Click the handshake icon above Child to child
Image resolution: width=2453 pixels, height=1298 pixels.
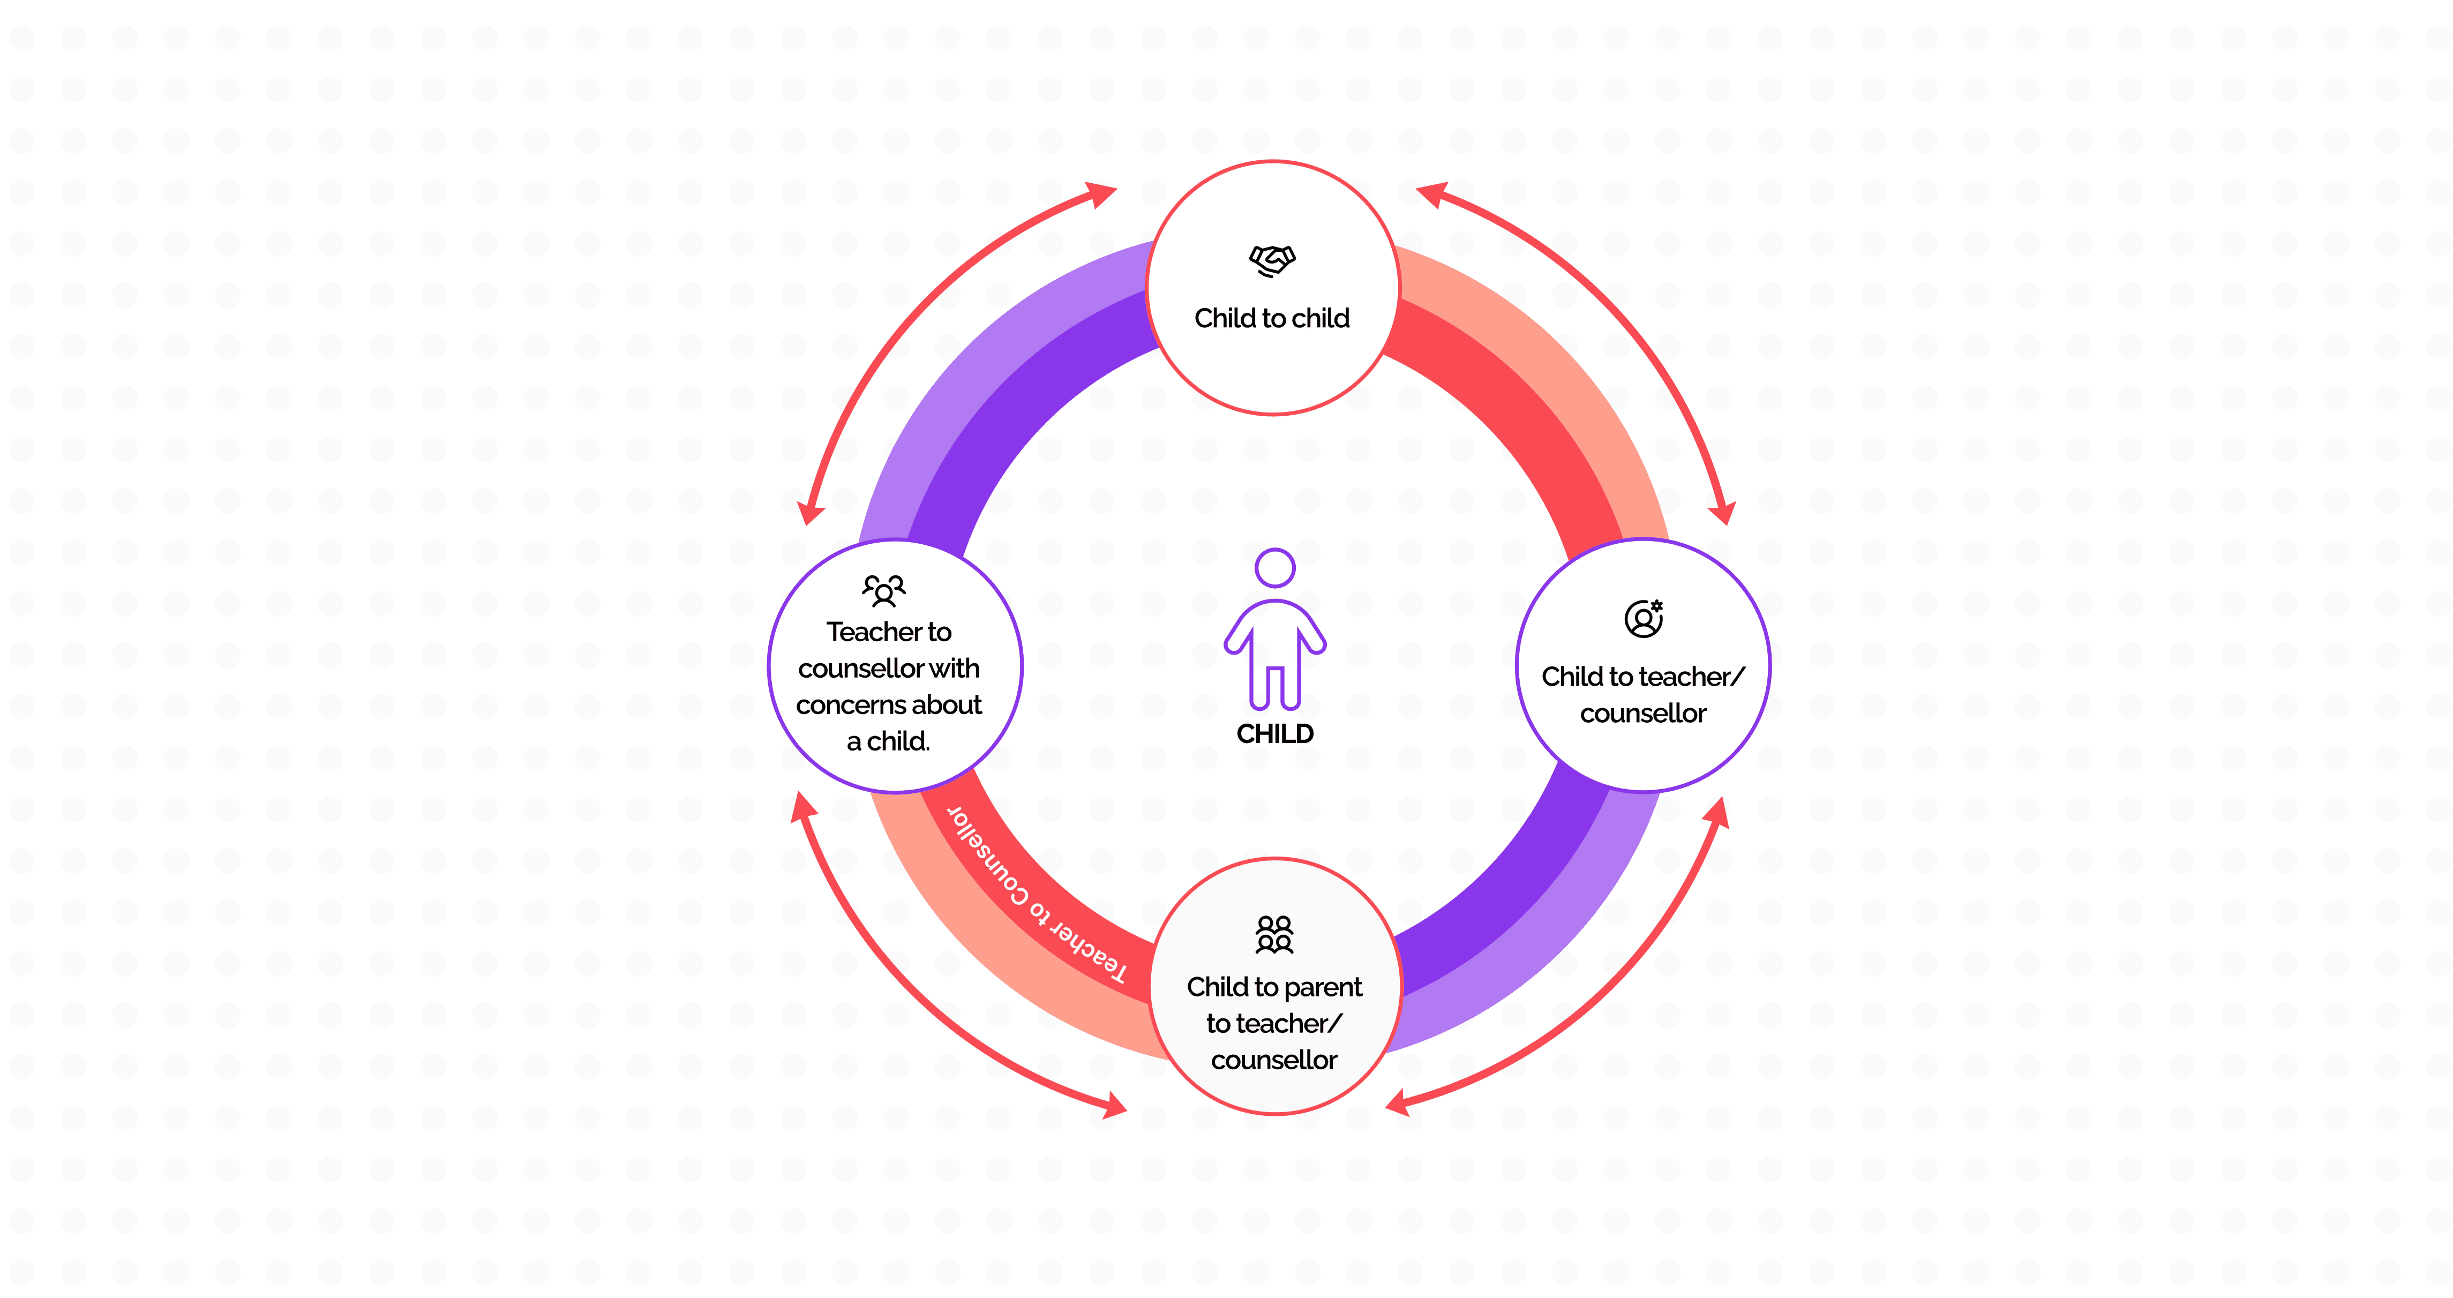[x=1272, y=260]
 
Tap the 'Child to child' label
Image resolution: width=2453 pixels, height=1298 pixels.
[x=1272, y=318]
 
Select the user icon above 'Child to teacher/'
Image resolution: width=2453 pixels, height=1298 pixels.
[x=1644, y=618]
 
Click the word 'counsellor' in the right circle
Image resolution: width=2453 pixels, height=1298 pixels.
[x=1644, y=713]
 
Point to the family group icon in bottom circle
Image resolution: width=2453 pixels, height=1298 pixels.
[x=1274, y=934]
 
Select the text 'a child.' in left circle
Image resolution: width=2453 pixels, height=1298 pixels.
[x=888, y=741]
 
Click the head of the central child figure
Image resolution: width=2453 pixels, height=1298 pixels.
[x=1275, y=568]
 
